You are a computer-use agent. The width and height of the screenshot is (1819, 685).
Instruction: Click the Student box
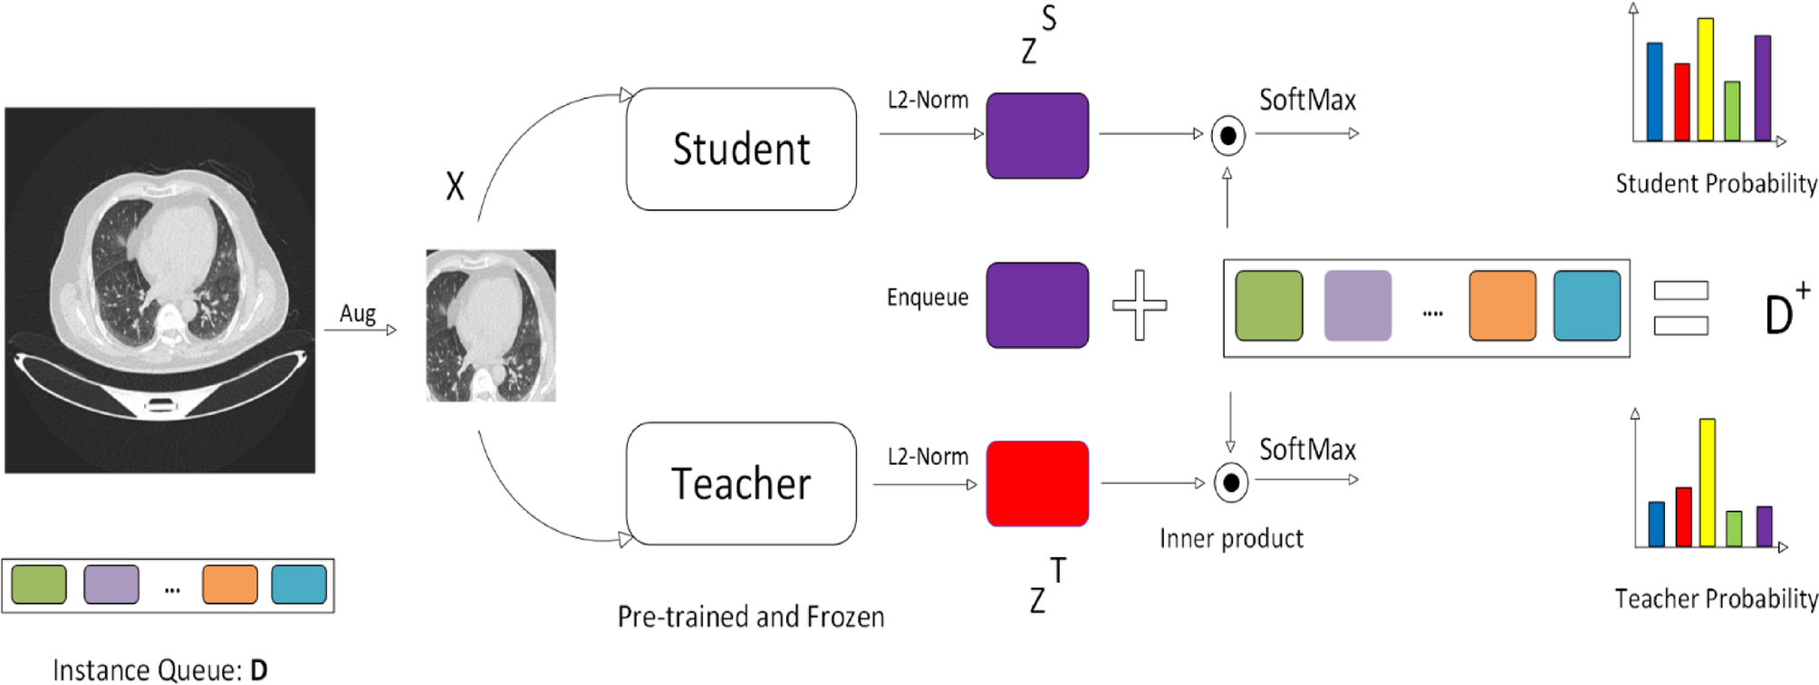click(x=741, y=150)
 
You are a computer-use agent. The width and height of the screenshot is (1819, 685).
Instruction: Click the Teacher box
click(x=741, y=483)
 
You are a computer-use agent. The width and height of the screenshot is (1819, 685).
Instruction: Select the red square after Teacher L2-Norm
click(x=1037, y=483)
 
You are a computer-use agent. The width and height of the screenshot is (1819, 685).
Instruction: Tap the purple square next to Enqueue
click(x=1037, y=305)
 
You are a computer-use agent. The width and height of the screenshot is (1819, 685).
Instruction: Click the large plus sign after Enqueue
click(x=1140, y=305)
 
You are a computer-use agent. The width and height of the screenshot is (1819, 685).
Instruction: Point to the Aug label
click(x=358, y=314)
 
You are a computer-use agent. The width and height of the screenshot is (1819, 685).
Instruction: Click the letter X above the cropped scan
click(x=455, y=187)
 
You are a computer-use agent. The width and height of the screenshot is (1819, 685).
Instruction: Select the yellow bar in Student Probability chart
click(x=1706, y=80)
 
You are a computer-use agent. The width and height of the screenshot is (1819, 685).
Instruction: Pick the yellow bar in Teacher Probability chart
click(x=1708, y=482)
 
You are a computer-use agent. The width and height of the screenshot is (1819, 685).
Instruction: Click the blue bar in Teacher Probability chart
click(x=1657, y=524)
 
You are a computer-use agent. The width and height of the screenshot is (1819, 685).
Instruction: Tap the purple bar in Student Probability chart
click(x=1763, y=88)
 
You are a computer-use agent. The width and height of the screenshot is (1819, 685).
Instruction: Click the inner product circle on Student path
click(x=1228, y=136)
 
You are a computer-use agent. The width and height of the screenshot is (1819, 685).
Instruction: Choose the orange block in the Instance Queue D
click(x=230, y=584)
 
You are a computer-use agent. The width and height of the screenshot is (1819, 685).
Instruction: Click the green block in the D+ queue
click(x=1269, y=306)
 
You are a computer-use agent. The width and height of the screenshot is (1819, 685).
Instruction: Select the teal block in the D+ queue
click(x=1587, y=306)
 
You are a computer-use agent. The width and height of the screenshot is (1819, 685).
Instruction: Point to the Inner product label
click(x=1231, y=539)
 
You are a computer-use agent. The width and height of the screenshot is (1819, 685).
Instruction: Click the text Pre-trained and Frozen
click(x=751, y=617)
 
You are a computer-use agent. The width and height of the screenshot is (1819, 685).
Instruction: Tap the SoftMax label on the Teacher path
click(x=1307, y=449)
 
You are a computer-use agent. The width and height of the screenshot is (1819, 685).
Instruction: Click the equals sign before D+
click(x=1681, y=308)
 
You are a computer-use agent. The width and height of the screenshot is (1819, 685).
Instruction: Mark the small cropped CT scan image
click(x=491, y=325)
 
